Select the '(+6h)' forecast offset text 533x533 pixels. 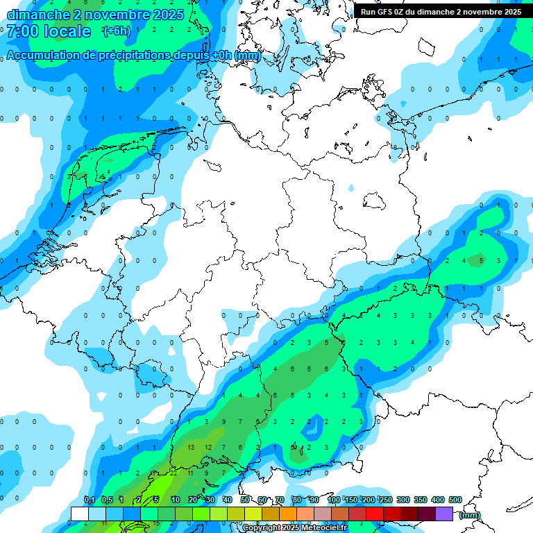pos(116,31)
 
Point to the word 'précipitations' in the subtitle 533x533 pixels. pos(131,55)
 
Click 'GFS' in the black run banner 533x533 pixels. pos(389,12)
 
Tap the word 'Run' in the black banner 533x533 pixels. pos(369,12)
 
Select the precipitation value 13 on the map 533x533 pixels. pos(192,448)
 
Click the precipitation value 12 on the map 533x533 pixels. pos(208,448)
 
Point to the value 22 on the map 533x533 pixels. pos(173,473)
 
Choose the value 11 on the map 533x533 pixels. pos(191,473)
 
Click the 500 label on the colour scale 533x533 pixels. pos(455,500)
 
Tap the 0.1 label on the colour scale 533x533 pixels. pos(89,500)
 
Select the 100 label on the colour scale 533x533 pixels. pos(334,500)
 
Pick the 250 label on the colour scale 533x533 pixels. pos(386,500)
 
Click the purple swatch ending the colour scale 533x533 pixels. pos(444,514)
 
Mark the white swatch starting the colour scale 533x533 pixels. pos(80,514)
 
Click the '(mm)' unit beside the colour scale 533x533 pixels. pos(471,514)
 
